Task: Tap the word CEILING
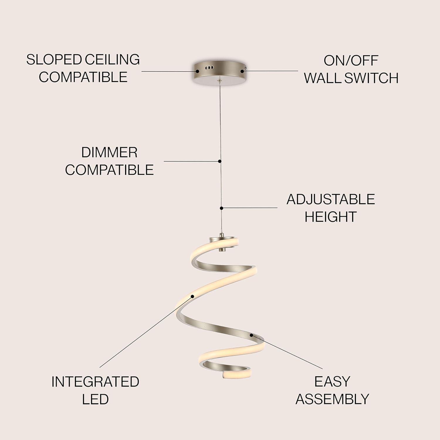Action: [x=112, y=60]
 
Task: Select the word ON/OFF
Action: [x=351, y=61]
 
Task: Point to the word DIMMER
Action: [x=109, y=153]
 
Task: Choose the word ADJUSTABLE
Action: [x=331, y=199]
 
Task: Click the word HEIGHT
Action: [x=331, y=217]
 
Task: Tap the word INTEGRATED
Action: [x=95, y=382]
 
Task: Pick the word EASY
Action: [x=332, y=382]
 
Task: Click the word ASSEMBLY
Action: [x=332, y=399]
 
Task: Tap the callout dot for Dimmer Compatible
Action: [x=220, y=161]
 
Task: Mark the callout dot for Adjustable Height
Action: [x=221, y=208]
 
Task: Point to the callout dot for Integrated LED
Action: [x=193, y=296]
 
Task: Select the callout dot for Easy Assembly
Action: [x=251, y=335]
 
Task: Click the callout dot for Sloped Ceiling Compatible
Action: [x=198, y=71]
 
